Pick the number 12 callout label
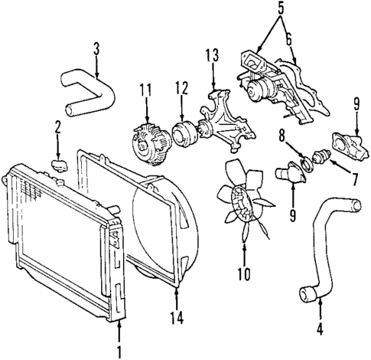[181, 89]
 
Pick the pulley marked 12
[184, 134]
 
